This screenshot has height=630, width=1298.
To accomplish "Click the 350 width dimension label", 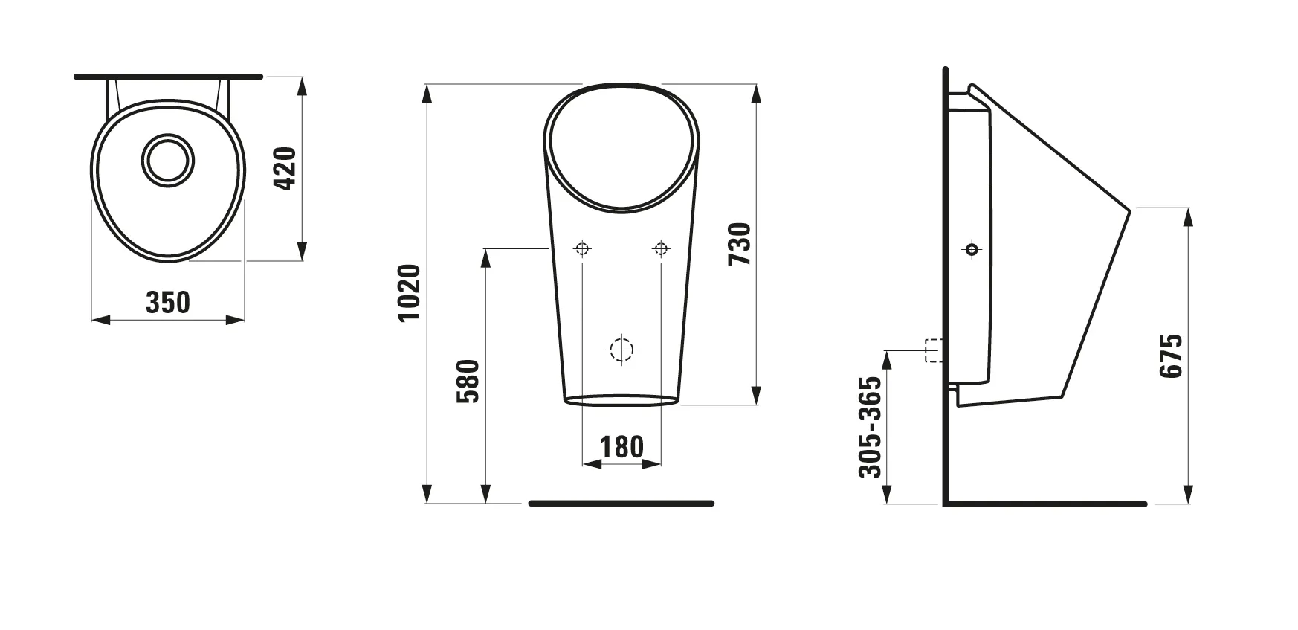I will pyautogui.click(x=168, y=303).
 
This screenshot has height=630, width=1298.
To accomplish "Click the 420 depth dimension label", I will pyautogui.click(x=285, y=168).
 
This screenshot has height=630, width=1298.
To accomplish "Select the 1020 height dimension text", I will pyautogui.click(x=410, y=292).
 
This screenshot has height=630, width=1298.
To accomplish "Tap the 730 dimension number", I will pyautogui.click(x=740, y=244).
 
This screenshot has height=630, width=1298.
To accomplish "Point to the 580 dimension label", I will pyautogui.click(x=468, y=381).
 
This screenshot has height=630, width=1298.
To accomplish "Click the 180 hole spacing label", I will pyautogui.click(x=621, y=447).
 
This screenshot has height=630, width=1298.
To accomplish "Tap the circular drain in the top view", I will pyautogui.click(x=169, y=159).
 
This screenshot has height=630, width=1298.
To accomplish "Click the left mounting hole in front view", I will pyautogui.click(x=583, y=248).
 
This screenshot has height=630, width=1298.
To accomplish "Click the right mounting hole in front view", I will pyautogui.click(x=660, y=248).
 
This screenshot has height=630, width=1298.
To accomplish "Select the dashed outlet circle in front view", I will pyautogui.click(x=621, y=349).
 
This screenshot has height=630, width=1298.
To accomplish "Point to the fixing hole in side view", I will pyautogui.click(x=972, y=249).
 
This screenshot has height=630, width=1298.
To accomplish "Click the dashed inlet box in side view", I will pyautogui.click(x=932, y=350).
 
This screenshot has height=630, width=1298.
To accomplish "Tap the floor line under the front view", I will pyautogui.click(x=621, y=504).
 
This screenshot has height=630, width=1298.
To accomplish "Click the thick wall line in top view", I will pyautogui.click(x=169, y=76).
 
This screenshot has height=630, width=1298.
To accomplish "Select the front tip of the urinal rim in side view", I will pyautogui.click(x=1129, y=210).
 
